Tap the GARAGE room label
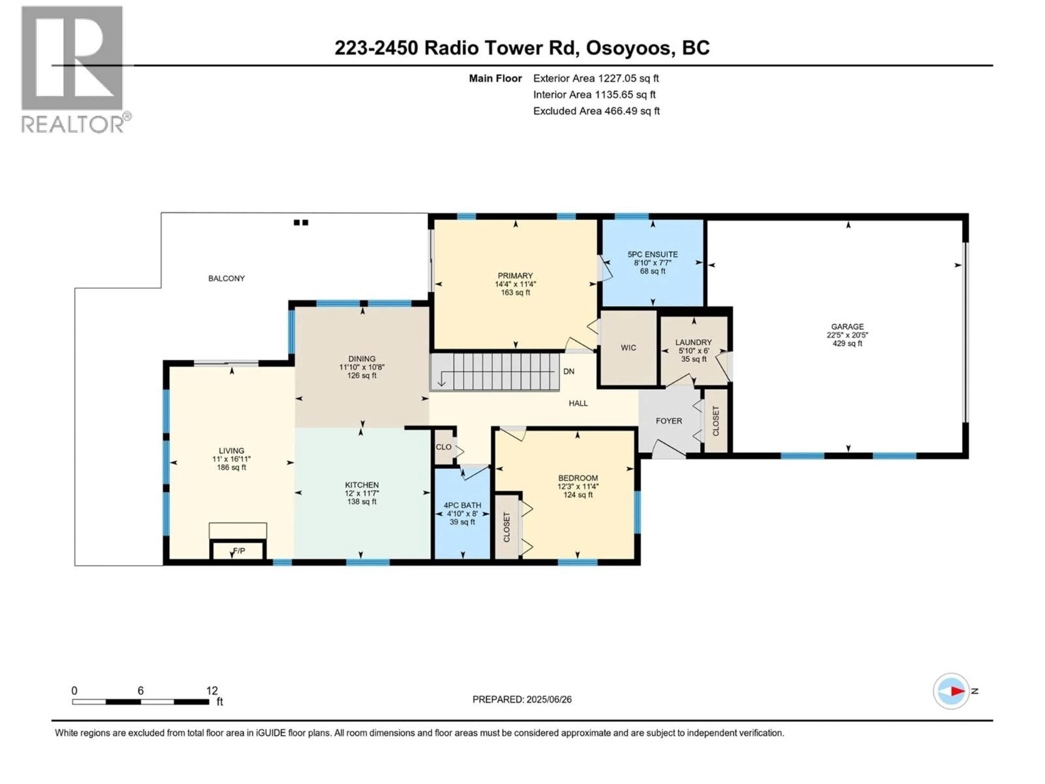[x=847, y=327]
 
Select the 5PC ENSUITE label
[x=652, y=254]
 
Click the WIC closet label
[x=628, y=348]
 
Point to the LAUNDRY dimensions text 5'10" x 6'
[x=693, y=351]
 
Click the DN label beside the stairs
[x=569, y=371]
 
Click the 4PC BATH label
[x=462, y=505]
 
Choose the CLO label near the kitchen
[x=444, y=447]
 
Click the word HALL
[x=578, y=403]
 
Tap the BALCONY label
[x=226, y=278]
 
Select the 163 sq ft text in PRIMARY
[x=515, y=293]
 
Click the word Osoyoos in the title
[x=628, y=48]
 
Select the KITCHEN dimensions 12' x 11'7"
[x=362, y=493]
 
